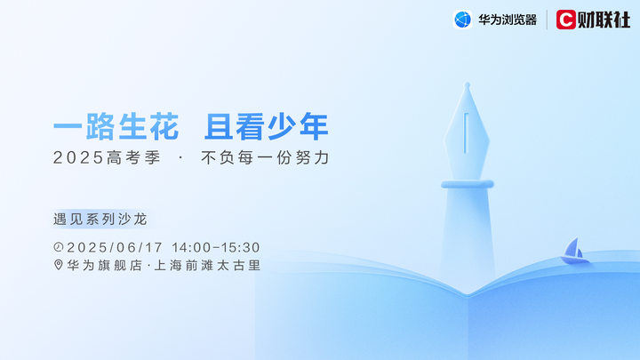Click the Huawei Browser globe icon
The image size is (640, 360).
[462, 20]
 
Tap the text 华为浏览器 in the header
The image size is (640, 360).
[508, 20]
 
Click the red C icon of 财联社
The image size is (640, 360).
[565, 20]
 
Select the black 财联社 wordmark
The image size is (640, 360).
[604, 20]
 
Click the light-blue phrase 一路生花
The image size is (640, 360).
[116, 127]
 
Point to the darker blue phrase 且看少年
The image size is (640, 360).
[267, 127]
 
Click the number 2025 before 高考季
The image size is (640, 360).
[78, 157]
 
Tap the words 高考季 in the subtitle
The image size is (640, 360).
[134, 157]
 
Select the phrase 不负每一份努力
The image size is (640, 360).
[265, 157]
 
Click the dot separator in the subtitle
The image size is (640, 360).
[180, 157]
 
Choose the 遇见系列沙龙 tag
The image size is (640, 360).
[100, 220]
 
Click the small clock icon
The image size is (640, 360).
[59, 247]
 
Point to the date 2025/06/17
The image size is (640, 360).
[115, 247]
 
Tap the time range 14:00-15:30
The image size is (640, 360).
[216, 247]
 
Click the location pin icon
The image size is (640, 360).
[59, 265]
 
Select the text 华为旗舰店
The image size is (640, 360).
[105, 265]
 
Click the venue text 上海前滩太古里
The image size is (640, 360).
[207, 265]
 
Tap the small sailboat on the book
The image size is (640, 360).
[575, 251]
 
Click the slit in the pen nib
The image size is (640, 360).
[466, 133]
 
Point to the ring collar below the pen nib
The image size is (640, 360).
[468, 184]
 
